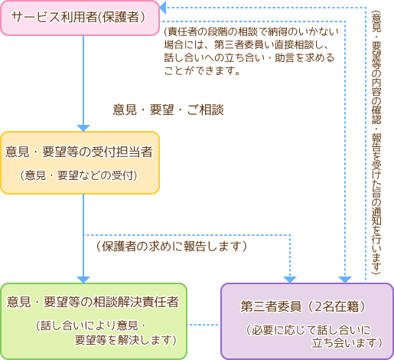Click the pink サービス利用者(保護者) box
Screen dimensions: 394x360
tap(80, 18)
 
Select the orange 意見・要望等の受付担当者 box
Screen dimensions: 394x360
tap(80, 163)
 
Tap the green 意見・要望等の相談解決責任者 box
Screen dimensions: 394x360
tap(93, 321)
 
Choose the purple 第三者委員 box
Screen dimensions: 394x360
tap(307, 321)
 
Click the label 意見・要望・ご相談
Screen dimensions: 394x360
tap(168, 110)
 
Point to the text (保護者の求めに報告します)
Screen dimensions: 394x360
tap(171, 247)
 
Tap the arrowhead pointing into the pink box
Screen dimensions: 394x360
tap(162, 8)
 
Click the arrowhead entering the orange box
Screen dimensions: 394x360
tap(83, 128)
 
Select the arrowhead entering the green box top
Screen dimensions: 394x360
tap(83, 280)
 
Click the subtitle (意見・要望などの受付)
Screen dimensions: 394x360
tap(79, 175)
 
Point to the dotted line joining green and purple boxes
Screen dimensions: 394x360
tap(204, 325)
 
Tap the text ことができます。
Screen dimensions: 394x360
tap(202, 70)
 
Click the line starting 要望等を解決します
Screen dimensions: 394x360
tap(125, 340)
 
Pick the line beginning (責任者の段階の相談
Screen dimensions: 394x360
tap(252, 32)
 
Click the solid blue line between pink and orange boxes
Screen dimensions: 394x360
tap(83, 80)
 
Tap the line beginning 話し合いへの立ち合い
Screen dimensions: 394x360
tap(249, 58)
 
